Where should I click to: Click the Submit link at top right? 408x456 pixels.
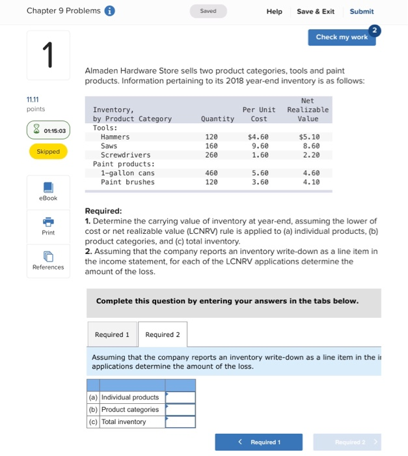pos(361,11)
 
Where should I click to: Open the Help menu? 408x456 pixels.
pos(274,11)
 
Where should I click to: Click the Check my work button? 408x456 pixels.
pos(341,37)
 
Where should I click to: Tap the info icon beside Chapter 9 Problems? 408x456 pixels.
pos(111,11)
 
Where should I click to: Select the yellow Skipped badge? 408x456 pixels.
pos(48,151)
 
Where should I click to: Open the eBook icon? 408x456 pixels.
pos(48,188)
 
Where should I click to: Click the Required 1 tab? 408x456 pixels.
pos(112,334)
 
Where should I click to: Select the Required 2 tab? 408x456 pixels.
pos(163,334)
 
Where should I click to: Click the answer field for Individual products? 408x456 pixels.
pos(180,397)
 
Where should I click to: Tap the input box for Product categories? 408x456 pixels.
pos(180,410)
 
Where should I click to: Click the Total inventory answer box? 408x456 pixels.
pos(180,422)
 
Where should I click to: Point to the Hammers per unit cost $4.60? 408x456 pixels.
pos(258,137)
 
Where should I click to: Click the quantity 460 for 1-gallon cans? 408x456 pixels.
pos(211,173)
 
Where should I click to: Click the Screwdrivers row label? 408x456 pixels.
pos(126,156)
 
